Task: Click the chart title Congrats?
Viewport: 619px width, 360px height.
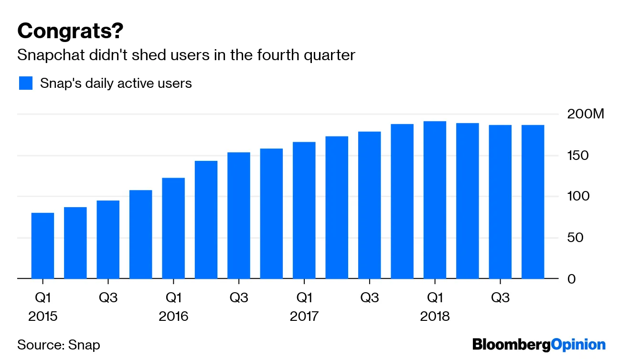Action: [70, 32]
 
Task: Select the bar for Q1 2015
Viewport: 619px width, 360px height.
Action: [43, 245]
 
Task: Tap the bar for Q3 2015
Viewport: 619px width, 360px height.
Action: [108, 239]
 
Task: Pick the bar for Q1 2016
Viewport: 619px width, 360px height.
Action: [173, 228]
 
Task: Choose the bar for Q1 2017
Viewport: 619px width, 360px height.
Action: [304, 210]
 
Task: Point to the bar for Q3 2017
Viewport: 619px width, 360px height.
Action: [370, 205]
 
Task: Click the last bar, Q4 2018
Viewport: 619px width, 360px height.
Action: [533, 201]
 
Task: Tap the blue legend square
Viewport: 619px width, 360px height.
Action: [26, 83]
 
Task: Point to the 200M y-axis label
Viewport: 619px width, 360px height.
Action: [586, 115]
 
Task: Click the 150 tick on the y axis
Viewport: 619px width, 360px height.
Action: [578, 156]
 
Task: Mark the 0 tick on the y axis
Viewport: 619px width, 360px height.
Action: [571, 279]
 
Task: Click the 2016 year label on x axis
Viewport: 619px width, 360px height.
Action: [173, 317]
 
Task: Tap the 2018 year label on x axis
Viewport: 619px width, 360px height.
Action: [435, 317]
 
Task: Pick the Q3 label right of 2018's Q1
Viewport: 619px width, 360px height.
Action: [500, 298]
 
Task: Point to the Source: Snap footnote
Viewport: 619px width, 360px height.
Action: [59, 345]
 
